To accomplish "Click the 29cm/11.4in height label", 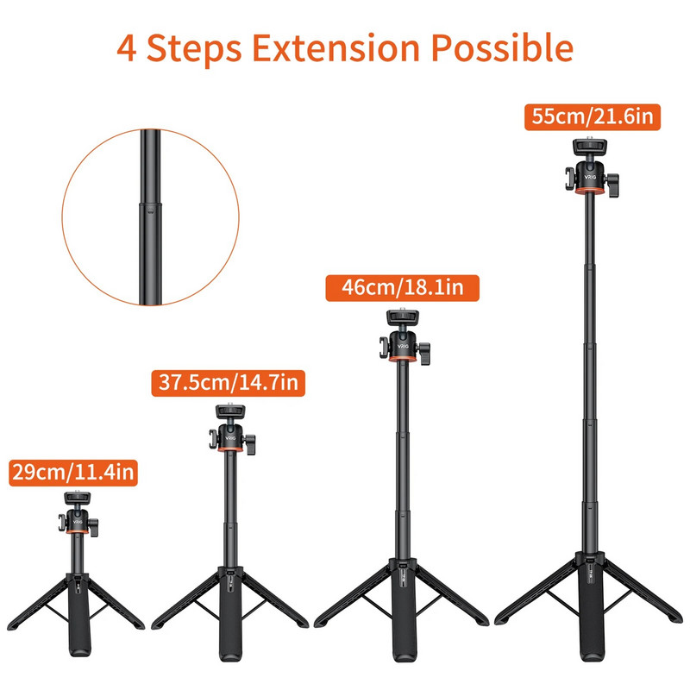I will pos(73,473).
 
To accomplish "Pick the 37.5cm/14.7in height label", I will pos(229,380).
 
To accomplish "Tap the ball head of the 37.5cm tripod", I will pos(230,436).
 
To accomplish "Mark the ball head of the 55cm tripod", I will pos(592,176).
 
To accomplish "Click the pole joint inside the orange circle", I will pos(143,207).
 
